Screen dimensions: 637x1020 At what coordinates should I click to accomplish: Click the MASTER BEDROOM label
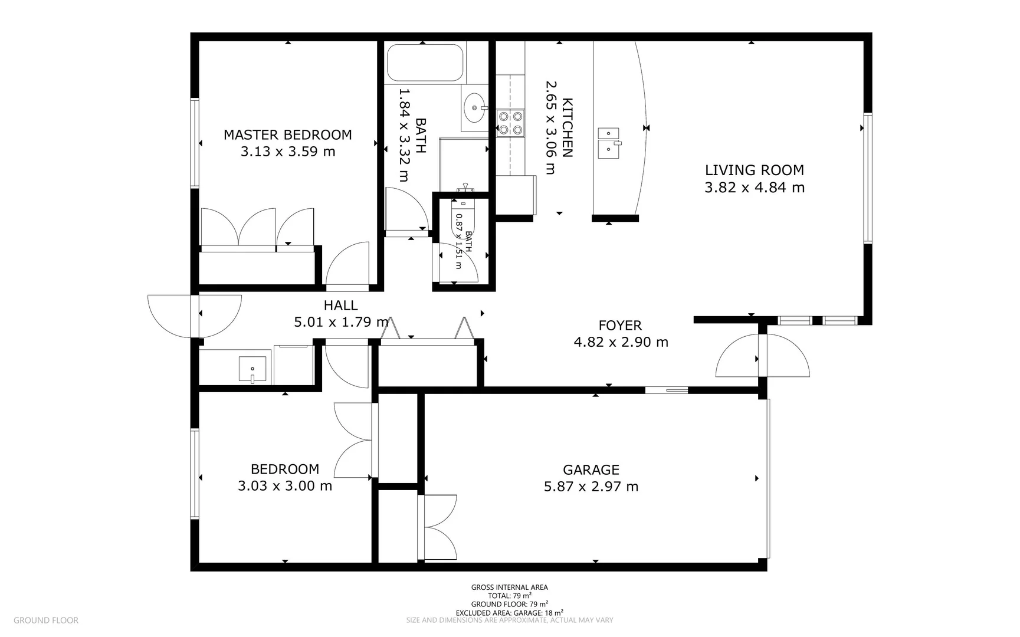click(x=287, y=134)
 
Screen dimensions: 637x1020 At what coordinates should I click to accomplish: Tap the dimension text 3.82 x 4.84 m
click(x=754, y=188)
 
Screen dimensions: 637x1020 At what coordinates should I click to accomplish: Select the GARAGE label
click(x=591, y=469)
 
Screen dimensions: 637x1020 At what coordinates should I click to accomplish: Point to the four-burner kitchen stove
click(x=510, y=123)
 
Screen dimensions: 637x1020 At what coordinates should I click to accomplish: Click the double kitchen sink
click(x=608, y=143)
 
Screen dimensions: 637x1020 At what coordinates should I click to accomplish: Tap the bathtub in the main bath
click(x=425, y=63)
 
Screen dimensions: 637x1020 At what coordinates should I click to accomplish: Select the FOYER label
click(x=620, y=325)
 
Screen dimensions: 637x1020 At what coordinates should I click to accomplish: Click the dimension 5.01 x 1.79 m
click(x=341, y=322)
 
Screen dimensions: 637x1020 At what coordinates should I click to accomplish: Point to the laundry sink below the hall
click(x=252, y=369)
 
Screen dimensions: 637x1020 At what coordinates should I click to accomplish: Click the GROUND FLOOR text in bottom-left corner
click(x=45, y=620)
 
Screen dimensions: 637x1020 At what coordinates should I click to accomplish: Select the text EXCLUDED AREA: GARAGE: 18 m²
click(x=509, y=612)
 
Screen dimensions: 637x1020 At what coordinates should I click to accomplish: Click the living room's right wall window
click(x=867, y=178)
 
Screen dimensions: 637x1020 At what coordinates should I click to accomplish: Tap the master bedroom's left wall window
click(x=194, y=143)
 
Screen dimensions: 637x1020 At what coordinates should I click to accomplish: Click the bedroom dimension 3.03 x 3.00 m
click(x=284, y=486)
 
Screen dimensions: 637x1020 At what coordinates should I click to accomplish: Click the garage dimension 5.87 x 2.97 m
click(x=591, y=487)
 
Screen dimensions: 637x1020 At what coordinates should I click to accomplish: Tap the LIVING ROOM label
click(x=754, y=170)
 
